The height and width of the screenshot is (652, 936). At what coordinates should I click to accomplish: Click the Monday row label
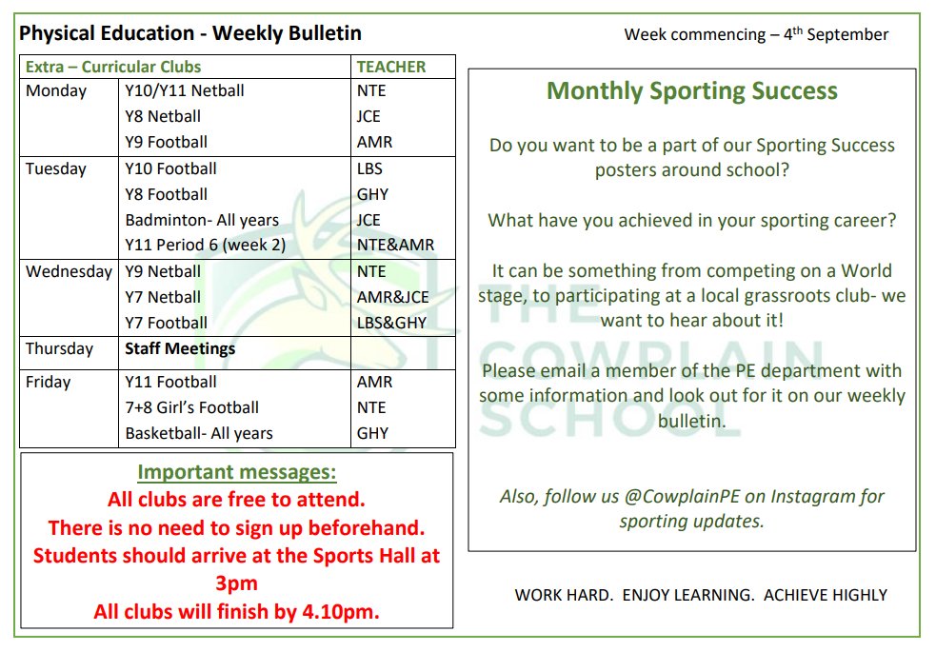pos(56,91)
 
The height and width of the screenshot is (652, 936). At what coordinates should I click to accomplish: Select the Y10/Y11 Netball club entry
pos(184,91)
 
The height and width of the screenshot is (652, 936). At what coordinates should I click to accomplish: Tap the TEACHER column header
pos(391,67)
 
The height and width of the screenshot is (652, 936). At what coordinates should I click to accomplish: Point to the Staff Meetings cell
pos(180,348)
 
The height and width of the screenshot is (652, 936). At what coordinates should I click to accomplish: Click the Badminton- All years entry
pos(202,220)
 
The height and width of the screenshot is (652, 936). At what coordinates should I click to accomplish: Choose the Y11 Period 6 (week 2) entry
pos(205,246)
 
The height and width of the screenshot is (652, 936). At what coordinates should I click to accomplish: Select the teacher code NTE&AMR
pos(395,246)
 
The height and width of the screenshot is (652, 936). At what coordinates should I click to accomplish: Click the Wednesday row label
pos(69,271)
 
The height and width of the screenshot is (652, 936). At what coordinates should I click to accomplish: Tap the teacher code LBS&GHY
pos(392,323)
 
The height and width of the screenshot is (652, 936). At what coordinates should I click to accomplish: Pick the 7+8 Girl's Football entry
pos(191,407)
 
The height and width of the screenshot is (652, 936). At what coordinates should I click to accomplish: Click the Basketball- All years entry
pos(198,433)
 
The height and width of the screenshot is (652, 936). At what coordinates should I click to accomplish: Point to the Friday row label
pos(49,382)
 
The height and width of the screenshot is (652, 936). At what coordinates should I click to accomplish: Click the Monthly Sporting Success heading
pos(692,91)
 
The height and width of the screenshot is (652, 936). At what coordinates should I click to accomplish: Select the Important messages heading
pos(237,473)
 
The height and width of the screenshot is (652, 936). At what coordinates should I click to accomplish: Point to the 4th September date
pos(836,35)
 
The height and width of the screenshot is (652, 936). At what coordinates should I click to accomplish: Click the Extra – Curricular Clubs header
pos(113,67)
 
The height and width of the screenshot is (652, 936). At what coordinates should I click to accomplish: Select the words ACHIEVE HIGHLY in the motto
pos(825,595)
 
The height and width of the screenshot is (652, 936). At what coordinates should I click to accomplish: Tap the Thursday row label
pos(59,348)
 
